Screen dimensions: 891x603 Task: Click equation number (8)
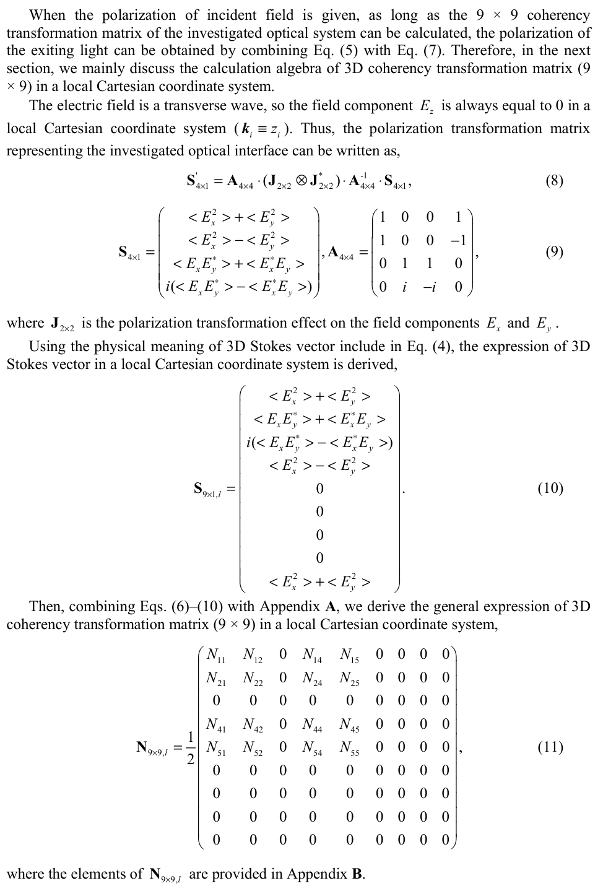[x=554, y=181]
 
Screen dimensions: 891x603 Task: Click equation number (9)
[x=554, y=251]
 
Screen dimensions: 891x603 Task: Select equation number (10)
[x=550, y=489]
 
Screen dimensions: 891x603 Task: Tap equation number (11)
[x=550, y=747]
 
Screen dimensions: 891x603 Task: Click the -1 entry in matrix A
[x=458, y=240]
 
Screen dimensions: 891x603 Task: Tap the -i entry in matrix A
[x=429, y=287]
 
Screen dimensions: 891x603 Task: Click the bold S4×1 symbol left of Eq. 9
[x=131, y=253]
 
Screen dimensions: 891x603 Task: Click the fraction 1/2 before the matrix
[x=190, y=748]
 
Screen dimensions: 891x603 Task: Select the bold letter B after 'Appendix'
[x=357, y=874]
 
